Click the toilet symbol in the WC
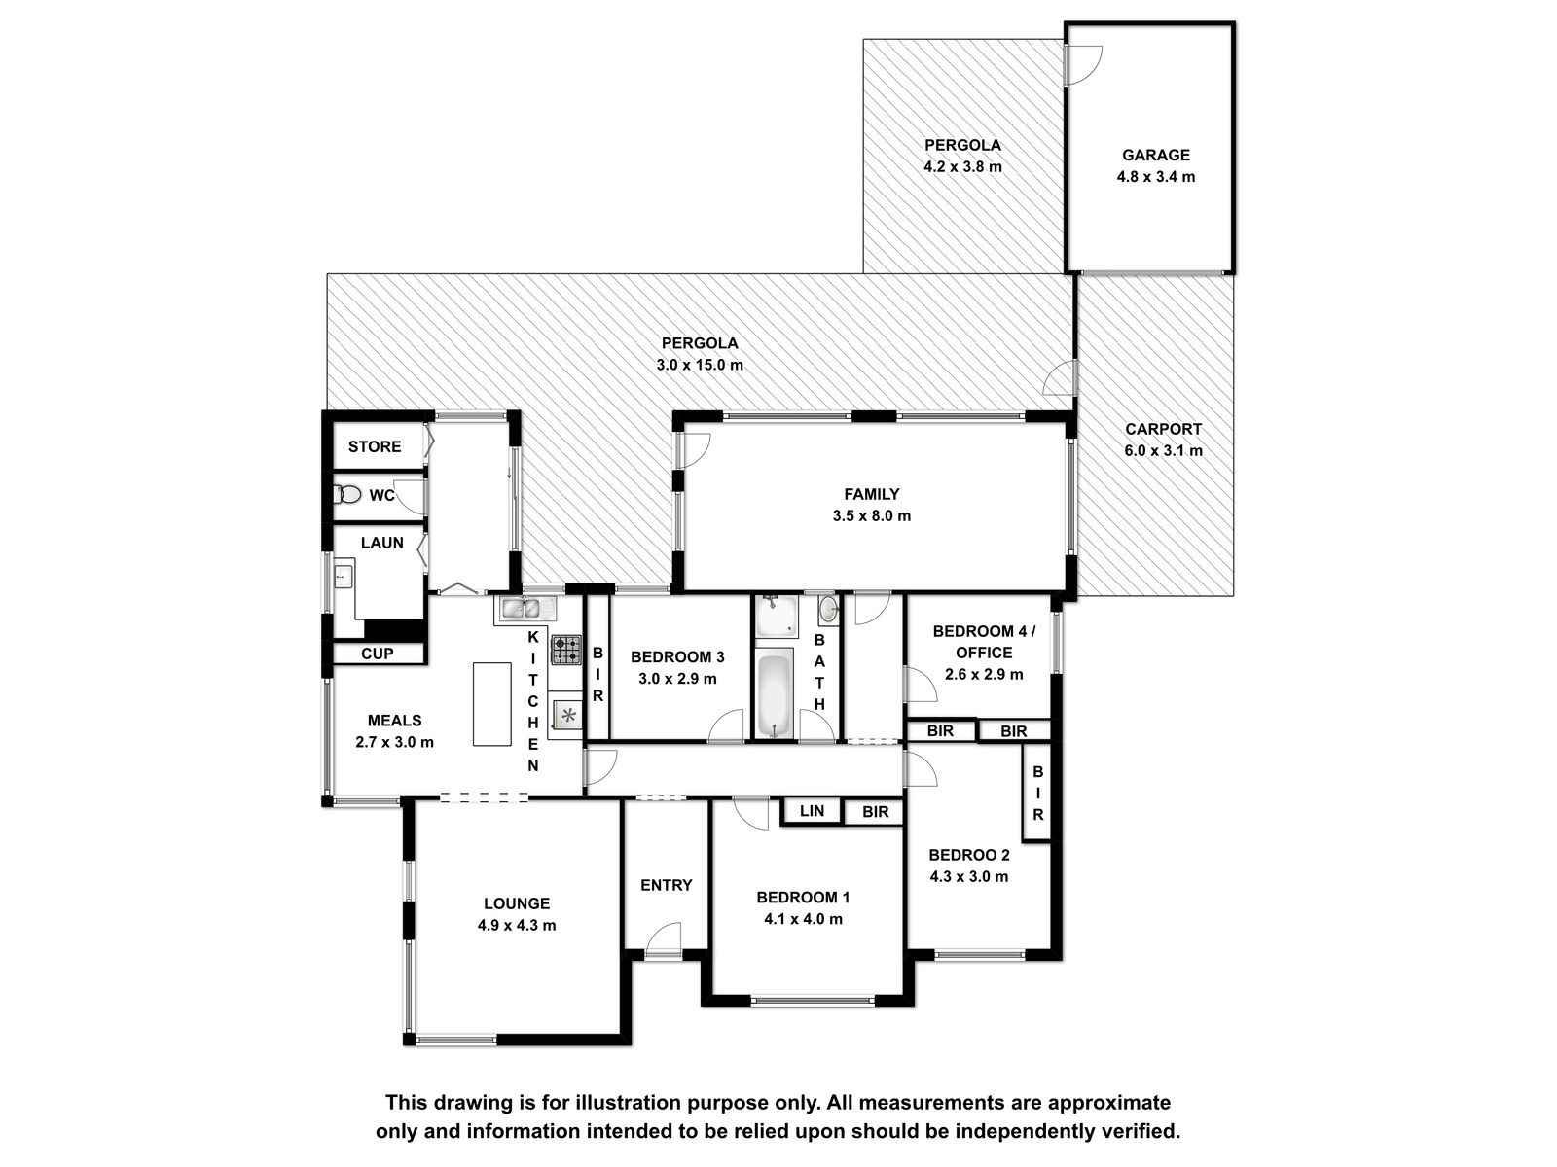pyautogui.click(x=347, y=494)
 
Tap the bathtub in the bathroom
pyautogui.click(x=774, y=695)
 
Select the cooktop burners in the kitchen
pyautogui.click(x=566, y=649)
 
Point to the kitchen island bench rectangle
pyautogui.click(x=491, y=703)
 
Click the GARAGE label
pyautogui.click(x=1155, y=155)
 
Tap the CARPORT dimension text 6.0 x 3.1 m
pyautogui.click(x=1163, y=450)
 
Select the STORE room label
pyautogui.click(x=375, y=446)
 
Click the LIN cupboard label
pyautogui.click(x=812, y=811)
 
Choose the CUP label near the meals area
pyautogui.click(x=377, y=654)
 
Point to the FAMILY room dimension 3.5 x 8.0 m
pyautogui.click(x=872, y=515)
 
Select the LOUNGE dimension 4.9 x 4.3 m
pyautogui.click(x=517, y=926)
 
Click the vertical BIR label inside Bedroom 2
pyautogui.click(x=1037, y=793)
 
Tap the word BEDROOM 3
pyautogui.click(x=677, y=656)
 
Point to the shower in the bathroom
pyautogui.click(x=776, y=616)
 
